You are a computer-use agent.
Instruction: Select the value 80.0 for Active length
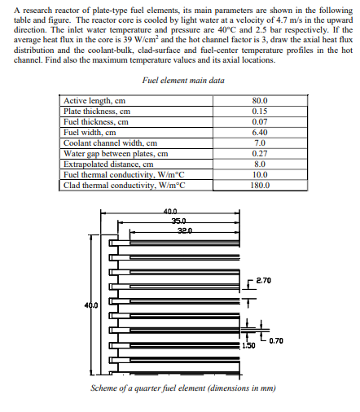pyautogui.click(x=261, y=101)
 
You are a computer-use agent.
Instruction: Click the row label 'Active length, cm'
pyautogui.click(x=95, y=101)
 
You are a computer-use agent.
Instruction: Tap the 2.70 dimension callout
pyautogui.click(x=263, y=282)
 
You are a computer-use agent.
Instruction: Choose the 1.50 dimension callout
pyautogui.click(x=248, y=346)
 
